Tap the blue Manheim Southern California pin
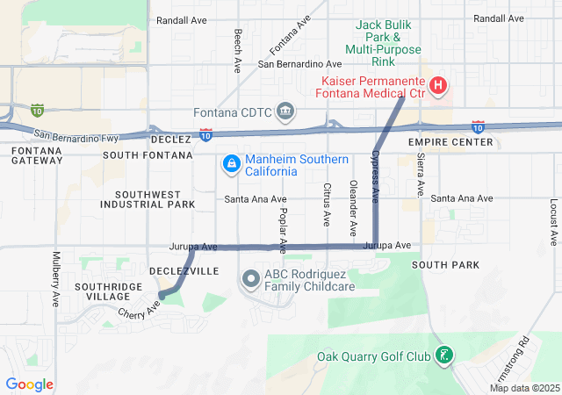click(x=231, y=163)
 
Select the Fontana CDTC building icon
click(x=285, y=112)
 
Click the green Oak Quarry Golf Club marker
click(x=445, y=355)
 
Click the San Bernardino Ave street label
click(x=299, y=64)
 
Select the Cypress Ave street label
click(x=374, y=176)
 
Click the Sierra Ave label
click(x=421, y=174)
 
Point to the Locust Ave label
click(x=554, y=221)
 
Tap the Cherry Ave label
click(x=140, y=310)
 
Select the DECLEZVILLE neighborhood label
click(x=184, y=271)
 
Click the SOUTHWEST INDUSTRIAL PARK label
click(x=148, y=199)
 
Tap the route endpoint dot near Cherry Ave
click(x=162, y=297)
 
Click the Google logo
click(x=30, y=384)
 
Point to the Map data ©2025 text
click(x=524, y=388)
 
